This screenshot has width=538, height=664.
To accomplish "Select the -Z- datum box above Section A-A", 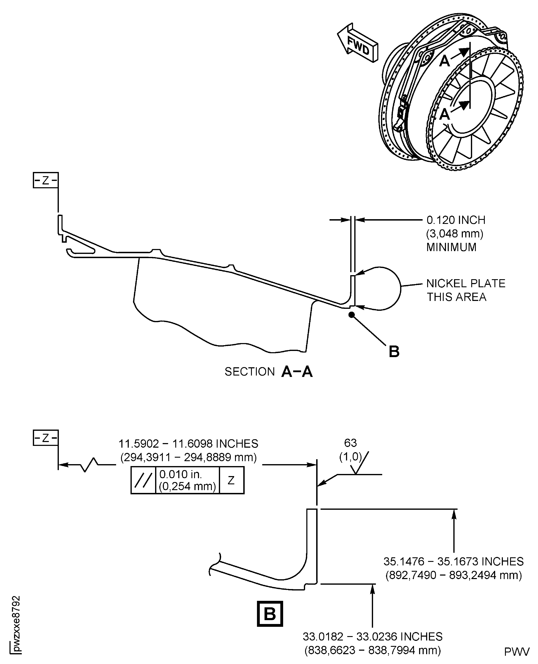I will pos(45,180).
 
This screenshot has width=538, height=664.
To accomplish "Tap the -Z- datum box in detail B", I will pos(45,438).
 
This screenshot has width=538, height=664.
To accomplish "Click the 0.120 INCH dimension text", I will pos(456,220).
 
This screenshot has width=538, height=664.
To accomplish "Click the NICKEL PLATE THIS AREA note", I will pos(465,290).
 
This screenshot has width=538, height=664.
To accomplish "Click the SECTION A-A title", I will pos(268,371).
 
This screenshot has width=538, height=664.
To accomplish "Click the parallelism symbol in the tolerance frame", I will pos(143,480).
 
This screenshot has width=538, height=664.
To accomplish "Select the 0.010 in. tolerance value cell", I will pos(187,480).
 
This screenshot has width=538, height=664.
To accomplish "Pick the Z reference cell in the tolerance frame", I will pos(231,480).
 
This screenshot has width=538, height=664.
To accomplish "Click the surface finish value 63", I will pos(351,443).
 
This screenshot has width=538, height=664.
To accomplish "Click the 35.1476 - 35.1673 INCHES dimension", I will pos(453,561).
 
